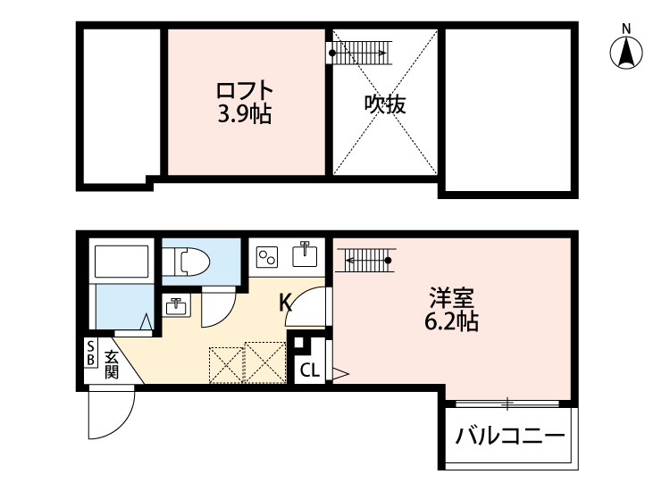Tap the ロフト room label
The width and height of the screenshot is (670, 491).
click(x=243, y=91)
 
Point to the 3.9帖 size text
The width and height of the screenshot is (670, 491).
click(x=243, y=114)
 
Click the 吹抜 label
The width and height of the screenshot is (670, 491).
click(x=385, y=104)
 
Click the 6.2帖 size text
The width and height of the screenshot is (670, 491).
click(x=451, y=321)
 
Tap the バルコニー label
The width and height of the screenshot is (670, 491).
click(x=510, y=437)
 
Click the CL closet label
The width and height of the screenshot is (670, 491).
click(x=309, y=370)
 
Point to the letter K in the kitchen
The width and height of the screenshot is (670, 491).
click(x=286, y=303)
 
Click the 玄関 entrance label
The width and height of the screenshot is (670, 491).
click(x=112, y=364)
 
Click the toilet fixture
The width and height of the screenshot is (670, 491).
click(x=192, y=260)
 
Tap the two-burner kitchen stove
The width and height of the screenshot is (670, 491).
click(x=267, y=258)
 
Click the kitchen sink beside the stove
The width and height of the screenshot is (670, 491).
click(x=305, y=254)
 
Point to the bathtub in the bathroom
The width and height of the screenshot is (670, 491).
click(x=122, y=262)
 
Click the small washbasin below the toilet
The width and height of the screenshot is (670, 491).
click(x=176, y=306)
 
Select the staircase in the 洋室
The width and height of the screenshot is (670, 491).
click(x=365, y=260)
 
